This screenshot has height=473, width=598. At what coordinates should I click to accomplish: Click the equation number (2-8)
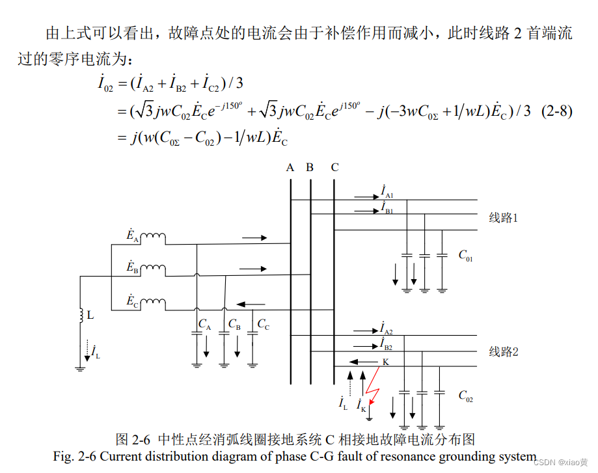coord(556,111)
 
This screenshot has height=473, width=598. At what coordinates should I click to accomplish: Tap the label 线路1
coord(504,218)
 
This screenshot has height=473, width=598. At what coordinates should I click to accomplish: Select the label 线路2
coord(504,352)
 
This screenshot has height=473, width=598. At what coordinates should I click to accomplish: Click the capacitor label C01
coord(465,255)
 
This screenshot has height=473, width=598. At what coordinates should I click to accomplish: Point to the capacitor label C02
coord(465,395)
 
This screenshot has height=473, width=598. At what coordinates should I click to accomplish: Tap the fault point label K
coord(385,362)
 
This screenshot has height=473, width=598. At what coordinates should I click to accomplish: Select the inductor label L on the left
coord(90,315)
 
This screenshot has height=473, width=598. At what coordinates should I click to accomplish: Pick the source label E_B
coord(132,267)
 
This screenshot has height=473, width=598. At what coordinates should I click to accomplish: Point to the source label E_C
coord(132,301)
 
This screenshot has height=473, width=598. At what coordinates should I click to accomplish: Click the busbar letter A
coord(290,167)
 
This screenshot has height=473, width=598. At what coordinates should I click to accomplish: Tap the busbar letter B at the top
coord(310,167)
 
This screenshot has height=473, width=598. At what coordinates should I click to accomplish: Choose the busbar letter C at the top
coord(334,167)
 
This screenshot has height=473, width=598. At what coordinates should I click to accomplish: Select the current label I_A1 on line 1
coord(387,191)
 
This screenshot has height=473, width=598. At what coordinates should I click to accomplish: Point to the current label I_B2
coord(387,344)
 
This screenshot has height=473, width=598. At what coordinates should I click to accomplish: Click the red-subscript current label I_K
coord(361,405)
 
